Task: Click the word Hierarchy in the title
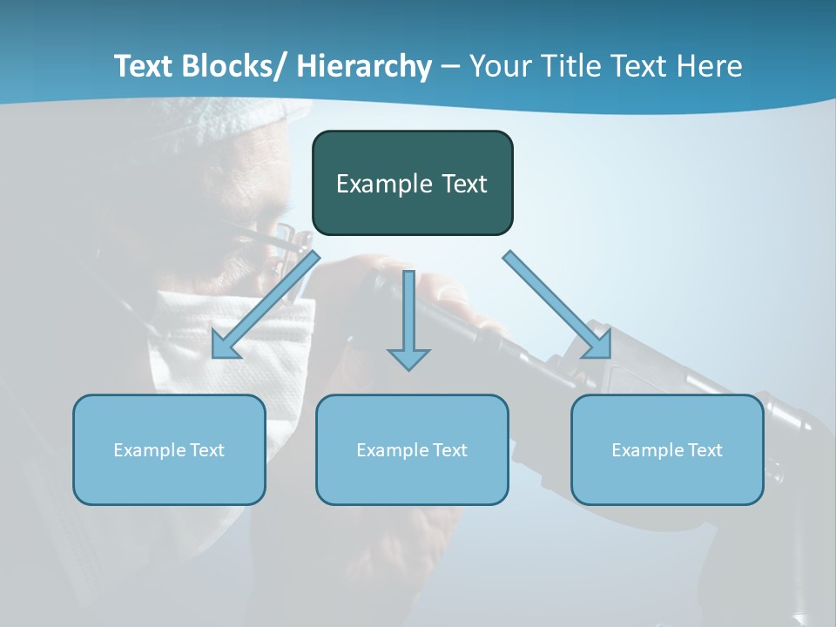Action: pos(364,66)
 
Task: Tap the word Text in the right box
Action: pos(705,450)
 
